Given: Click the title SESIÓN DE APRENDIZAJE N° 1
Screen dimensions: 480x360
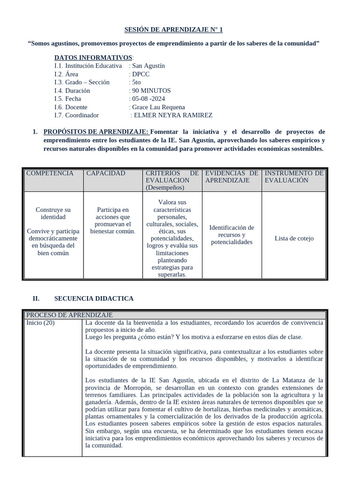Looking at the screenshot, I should pos(173,30).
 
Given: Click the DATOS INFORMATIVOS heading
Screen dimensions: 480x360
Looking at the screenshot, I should pos(93,58).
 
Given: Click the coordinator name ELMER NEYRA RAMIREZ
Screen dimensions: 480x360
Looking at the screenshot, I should pos(173,115).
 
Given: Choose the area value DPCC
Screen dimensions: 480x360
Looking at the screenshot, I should pos(141,74).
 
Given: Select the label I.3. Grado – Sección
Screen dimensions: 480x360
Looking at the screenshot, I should pos(82,82).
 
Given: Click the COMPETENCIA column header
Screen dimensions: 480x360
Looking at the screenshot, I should pos(50,173).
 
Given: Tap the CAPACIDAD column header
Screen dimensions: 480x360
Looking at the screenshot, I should pos(105,173).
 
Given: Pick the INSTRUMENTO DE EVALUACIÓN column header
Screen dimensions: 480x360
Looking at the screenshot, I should pos(293,177).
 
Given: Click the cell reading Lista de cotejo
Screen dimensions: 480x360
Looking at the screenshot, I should pos(294,238).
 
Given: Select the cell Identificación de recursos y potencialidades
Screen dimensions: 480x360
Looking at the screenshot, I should pos(232,235).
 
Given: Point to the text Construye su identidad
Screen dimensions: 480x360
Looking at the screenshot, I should pos(53,213).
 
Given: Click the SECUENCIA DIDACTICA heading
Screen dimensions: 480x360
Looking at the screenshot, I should pos(94,298).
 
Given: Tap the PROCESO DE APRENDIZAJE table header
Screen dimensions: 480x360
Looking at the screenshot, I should pos(69,315).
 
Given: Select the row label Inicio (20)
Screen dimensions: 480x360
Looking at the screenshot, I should pos(40,323).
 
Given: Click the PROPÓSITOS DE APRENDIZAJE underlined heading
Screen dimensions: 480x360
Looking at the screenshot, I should pos(96,132).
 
